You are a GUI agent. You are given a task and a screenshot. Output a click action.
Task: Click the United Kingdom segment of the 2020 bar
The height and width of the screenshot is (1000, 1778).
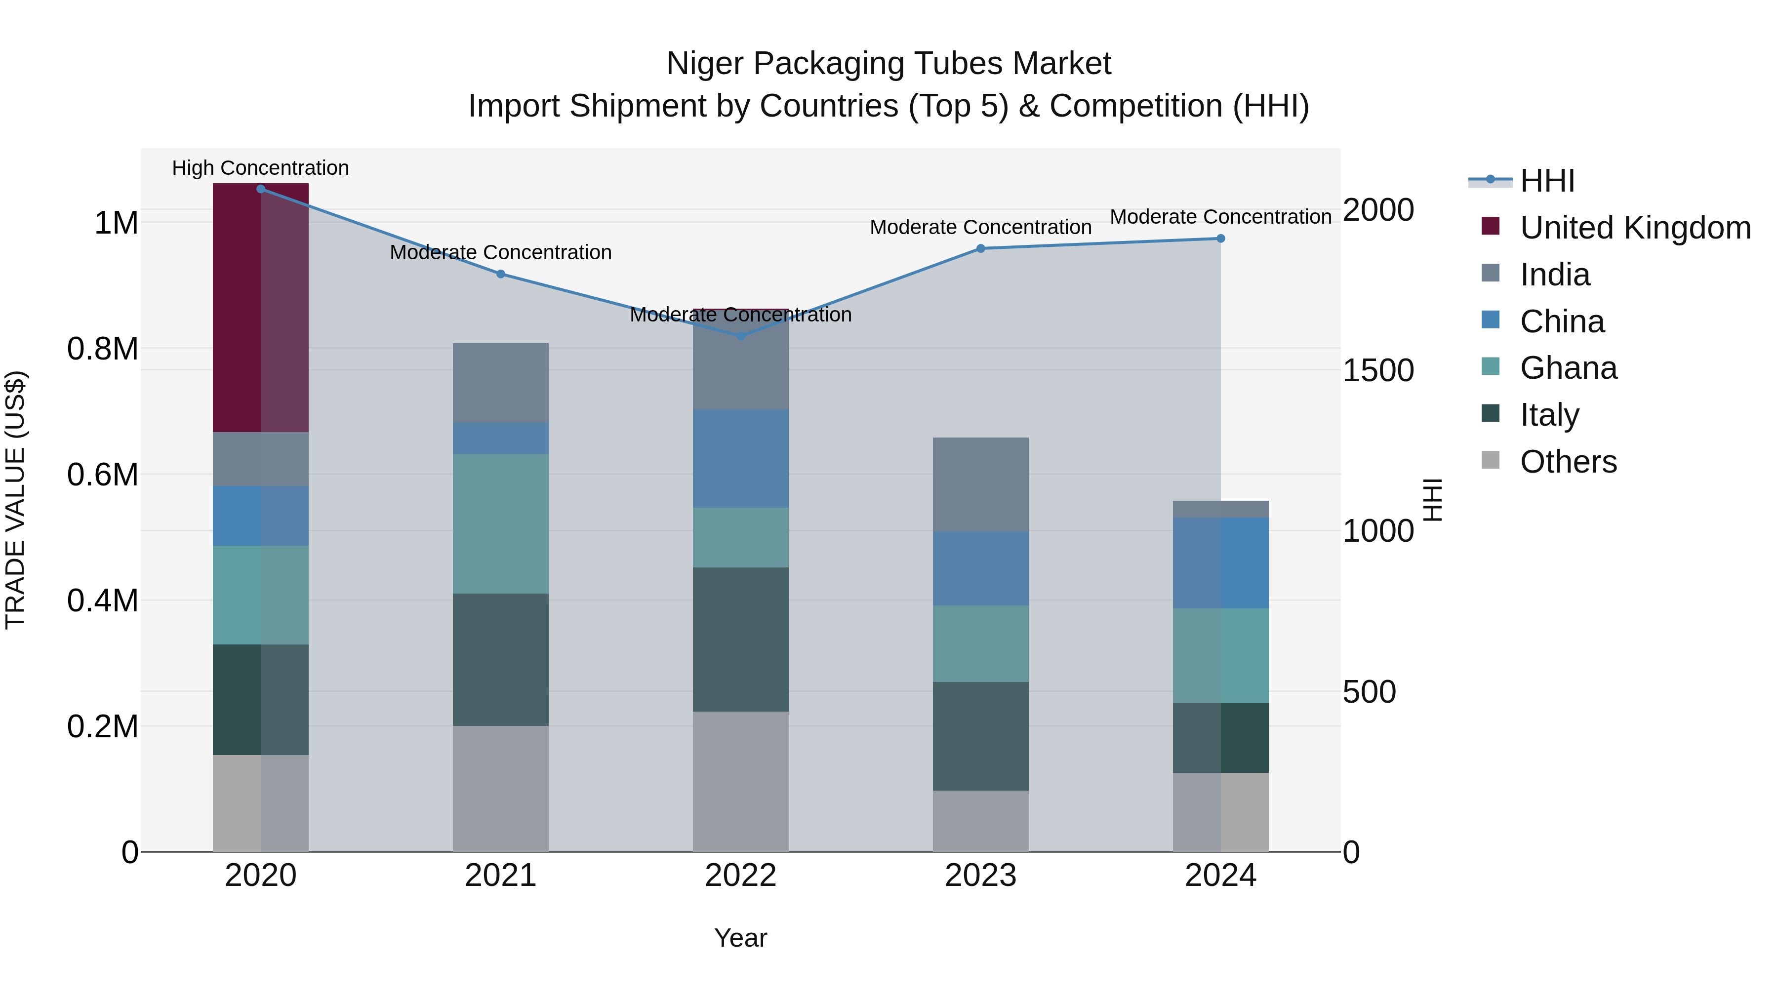(260, 307)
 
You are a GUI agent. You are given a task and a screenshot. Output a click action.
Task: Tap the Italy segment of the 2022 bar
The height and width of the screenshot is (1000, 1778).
(741, 639)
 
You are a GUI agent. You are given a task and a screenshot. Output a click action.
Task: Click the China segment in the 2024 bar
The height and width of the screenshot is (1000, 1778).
(1220, 562)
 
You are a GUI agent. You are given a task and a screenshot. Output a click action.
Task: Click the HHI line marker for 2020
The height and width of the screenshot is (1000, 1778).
(260, 189)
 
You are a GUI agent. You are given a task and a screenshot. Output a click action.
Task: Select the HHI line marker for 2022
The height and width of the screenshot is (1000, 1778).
(741, 336)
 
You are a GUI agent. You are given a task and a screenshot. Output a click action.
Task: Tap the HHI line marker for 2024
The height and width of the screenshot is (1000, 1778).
(1220, 238)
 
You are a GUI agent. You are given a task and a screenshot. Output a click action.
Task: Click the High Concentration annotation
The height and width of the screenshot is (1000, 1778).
(260, 168)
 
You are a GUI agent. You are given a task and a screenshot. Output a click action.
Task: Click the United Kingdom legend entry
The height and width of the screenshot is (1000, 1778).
(1634, 228)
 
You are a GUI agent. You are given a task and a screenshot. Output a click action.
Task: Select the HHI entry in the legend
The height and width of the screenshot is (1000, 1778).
(1547, 181)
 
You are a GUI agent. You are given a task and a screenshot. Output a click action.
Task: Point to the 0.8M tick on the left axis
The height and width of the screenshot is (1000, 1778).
(103, 349)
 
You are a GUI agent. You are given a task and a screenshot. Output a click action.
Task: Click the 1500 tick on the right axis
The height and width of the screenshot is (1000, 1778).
(1377, 370)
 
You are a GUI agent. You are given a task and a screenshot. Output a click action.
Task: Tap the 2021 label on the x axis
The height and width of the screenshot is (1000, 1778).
(500, 876)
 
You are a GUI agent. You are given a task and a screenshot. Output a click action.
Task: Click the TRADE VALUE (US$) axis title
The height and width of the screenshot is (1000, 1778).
(15, 500)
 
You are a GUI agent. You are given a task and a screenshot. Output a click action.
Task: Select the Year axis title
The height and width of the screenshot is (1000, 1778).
(741, 938)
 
